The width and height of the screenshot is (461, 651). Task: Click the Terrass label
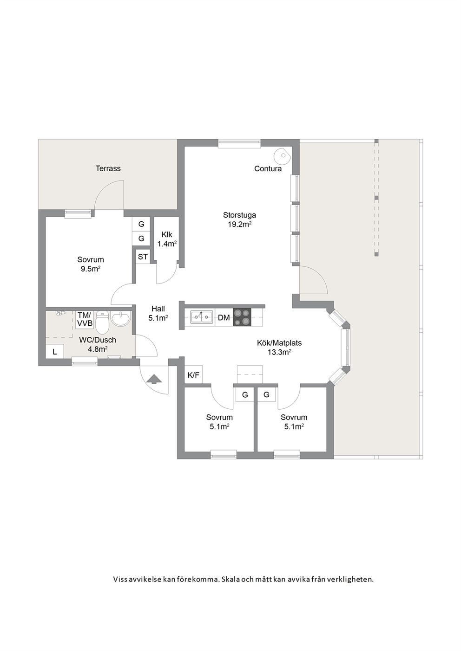pyautogui.click(x=108, y=168)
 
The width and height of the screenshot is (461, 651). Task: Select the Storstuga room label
pyautogui.click(x=239, y=215)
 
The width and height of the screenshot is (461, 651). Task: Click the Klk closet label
pyautogui.click(x=167, y=234)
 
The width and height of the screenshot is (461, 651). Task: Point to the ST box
pyautogui.click(x=143, y=257)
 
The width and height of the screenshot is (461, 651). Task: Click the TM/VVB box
pyautogui.click(x=85, y=319)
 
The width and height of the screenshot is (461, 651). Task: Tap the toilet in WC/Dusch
pyautogui.click(x=102, y=322)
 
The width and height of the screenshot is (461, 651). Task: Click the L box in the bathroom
pyautogui.click(x=55, y=352)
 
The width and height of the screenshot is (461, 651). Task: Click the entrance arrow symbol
pyautogui.click(x=154, y=379)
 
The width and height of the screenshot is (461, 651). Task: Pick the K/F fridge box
pyautogui.click(x=193, y=375)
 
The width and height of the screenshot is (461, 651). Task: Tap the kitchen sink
pyautogui.click(x=201, y=317)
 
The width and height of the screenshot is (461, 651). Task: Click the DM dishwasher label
pyautogui.click(x=224, y=318)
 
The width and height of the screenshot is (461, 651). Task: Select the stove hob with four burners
pyautogui.click(x=242, y=317)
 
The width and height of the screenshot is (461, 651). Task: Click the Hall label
pyautogui.click(x=158, y=309)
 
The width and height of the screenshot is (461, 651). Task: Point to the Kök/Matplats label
pyautogui.click(x=279, y=343)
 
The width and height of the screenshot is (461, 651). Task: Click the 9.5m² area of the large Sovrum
pyautogui.click(x=91, y=269)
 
